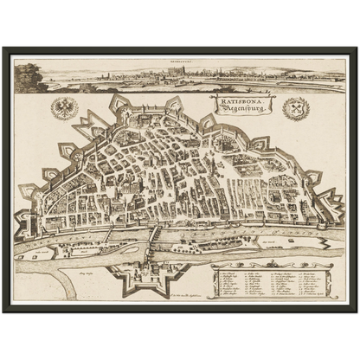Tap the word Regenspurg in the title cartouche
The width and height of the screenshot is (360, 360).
point(232,109)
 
